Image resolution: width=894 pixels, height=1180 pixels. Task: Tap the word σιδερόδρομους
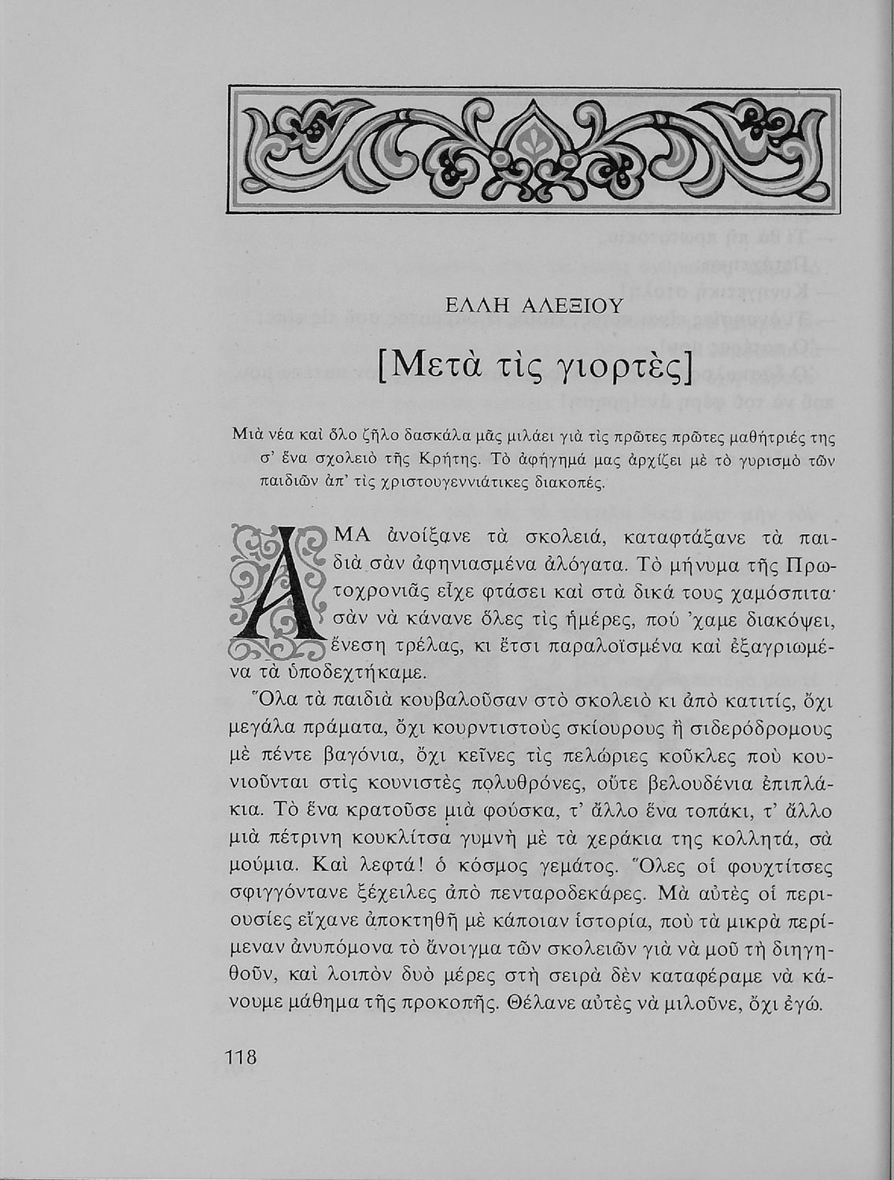(752, 728)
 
